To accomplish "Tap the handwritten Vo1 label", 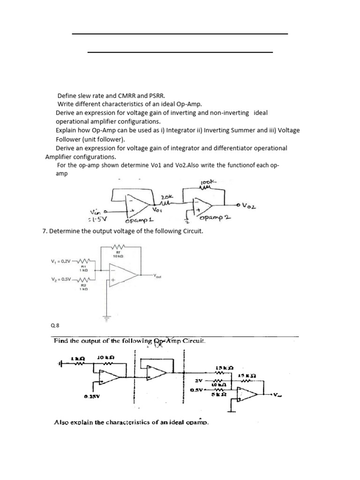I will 157,210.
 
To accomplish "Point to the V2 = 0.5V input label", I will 62,279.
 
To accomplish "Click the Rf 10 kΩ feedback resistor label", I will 118,255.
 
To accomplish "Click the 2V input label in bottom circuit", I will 199,381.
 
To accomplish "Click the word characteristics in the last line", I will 141,422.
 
